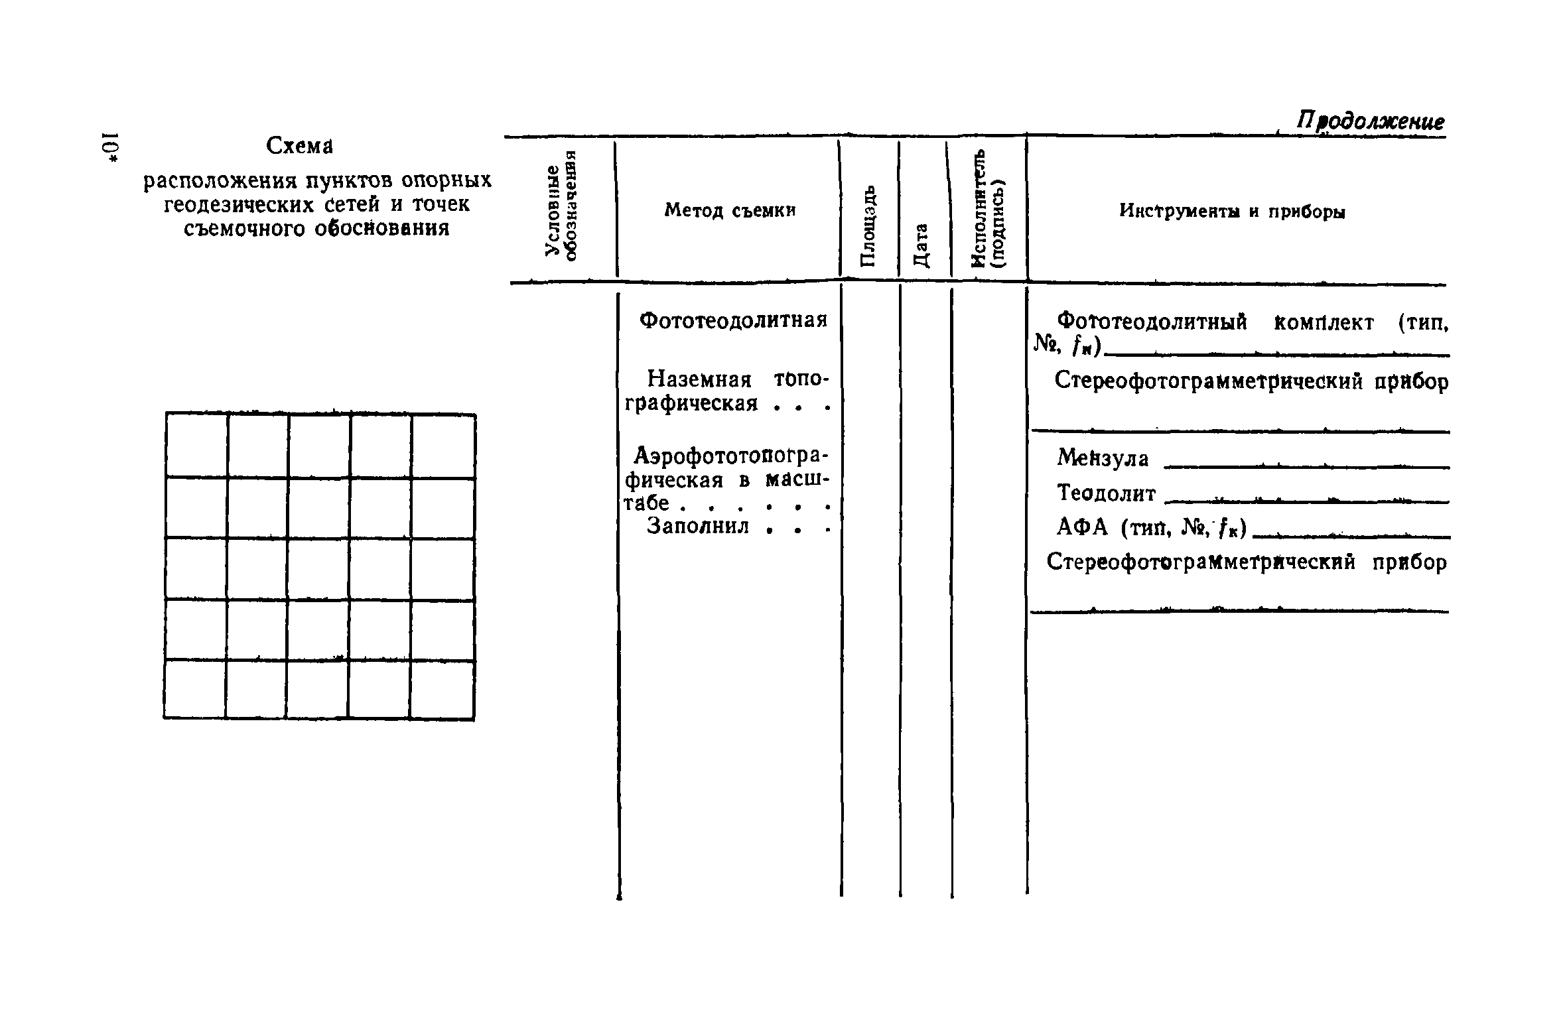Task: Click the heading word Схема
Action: (299, 145)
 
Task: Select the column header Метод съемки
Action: (729, 210)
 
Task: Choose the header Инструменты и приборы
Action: (1232, 212)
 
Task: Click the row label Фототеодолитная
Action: (733, 320)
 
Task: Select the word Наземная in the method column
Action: (699, 379)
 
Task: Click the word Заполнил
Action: (698, 526)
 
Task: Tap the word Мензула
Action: (1103, 458)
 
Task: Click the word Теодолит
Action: (1106, 493)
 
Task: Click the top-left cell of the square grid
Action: (196, 444)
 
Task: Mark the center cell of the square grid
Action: (318, 568)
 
